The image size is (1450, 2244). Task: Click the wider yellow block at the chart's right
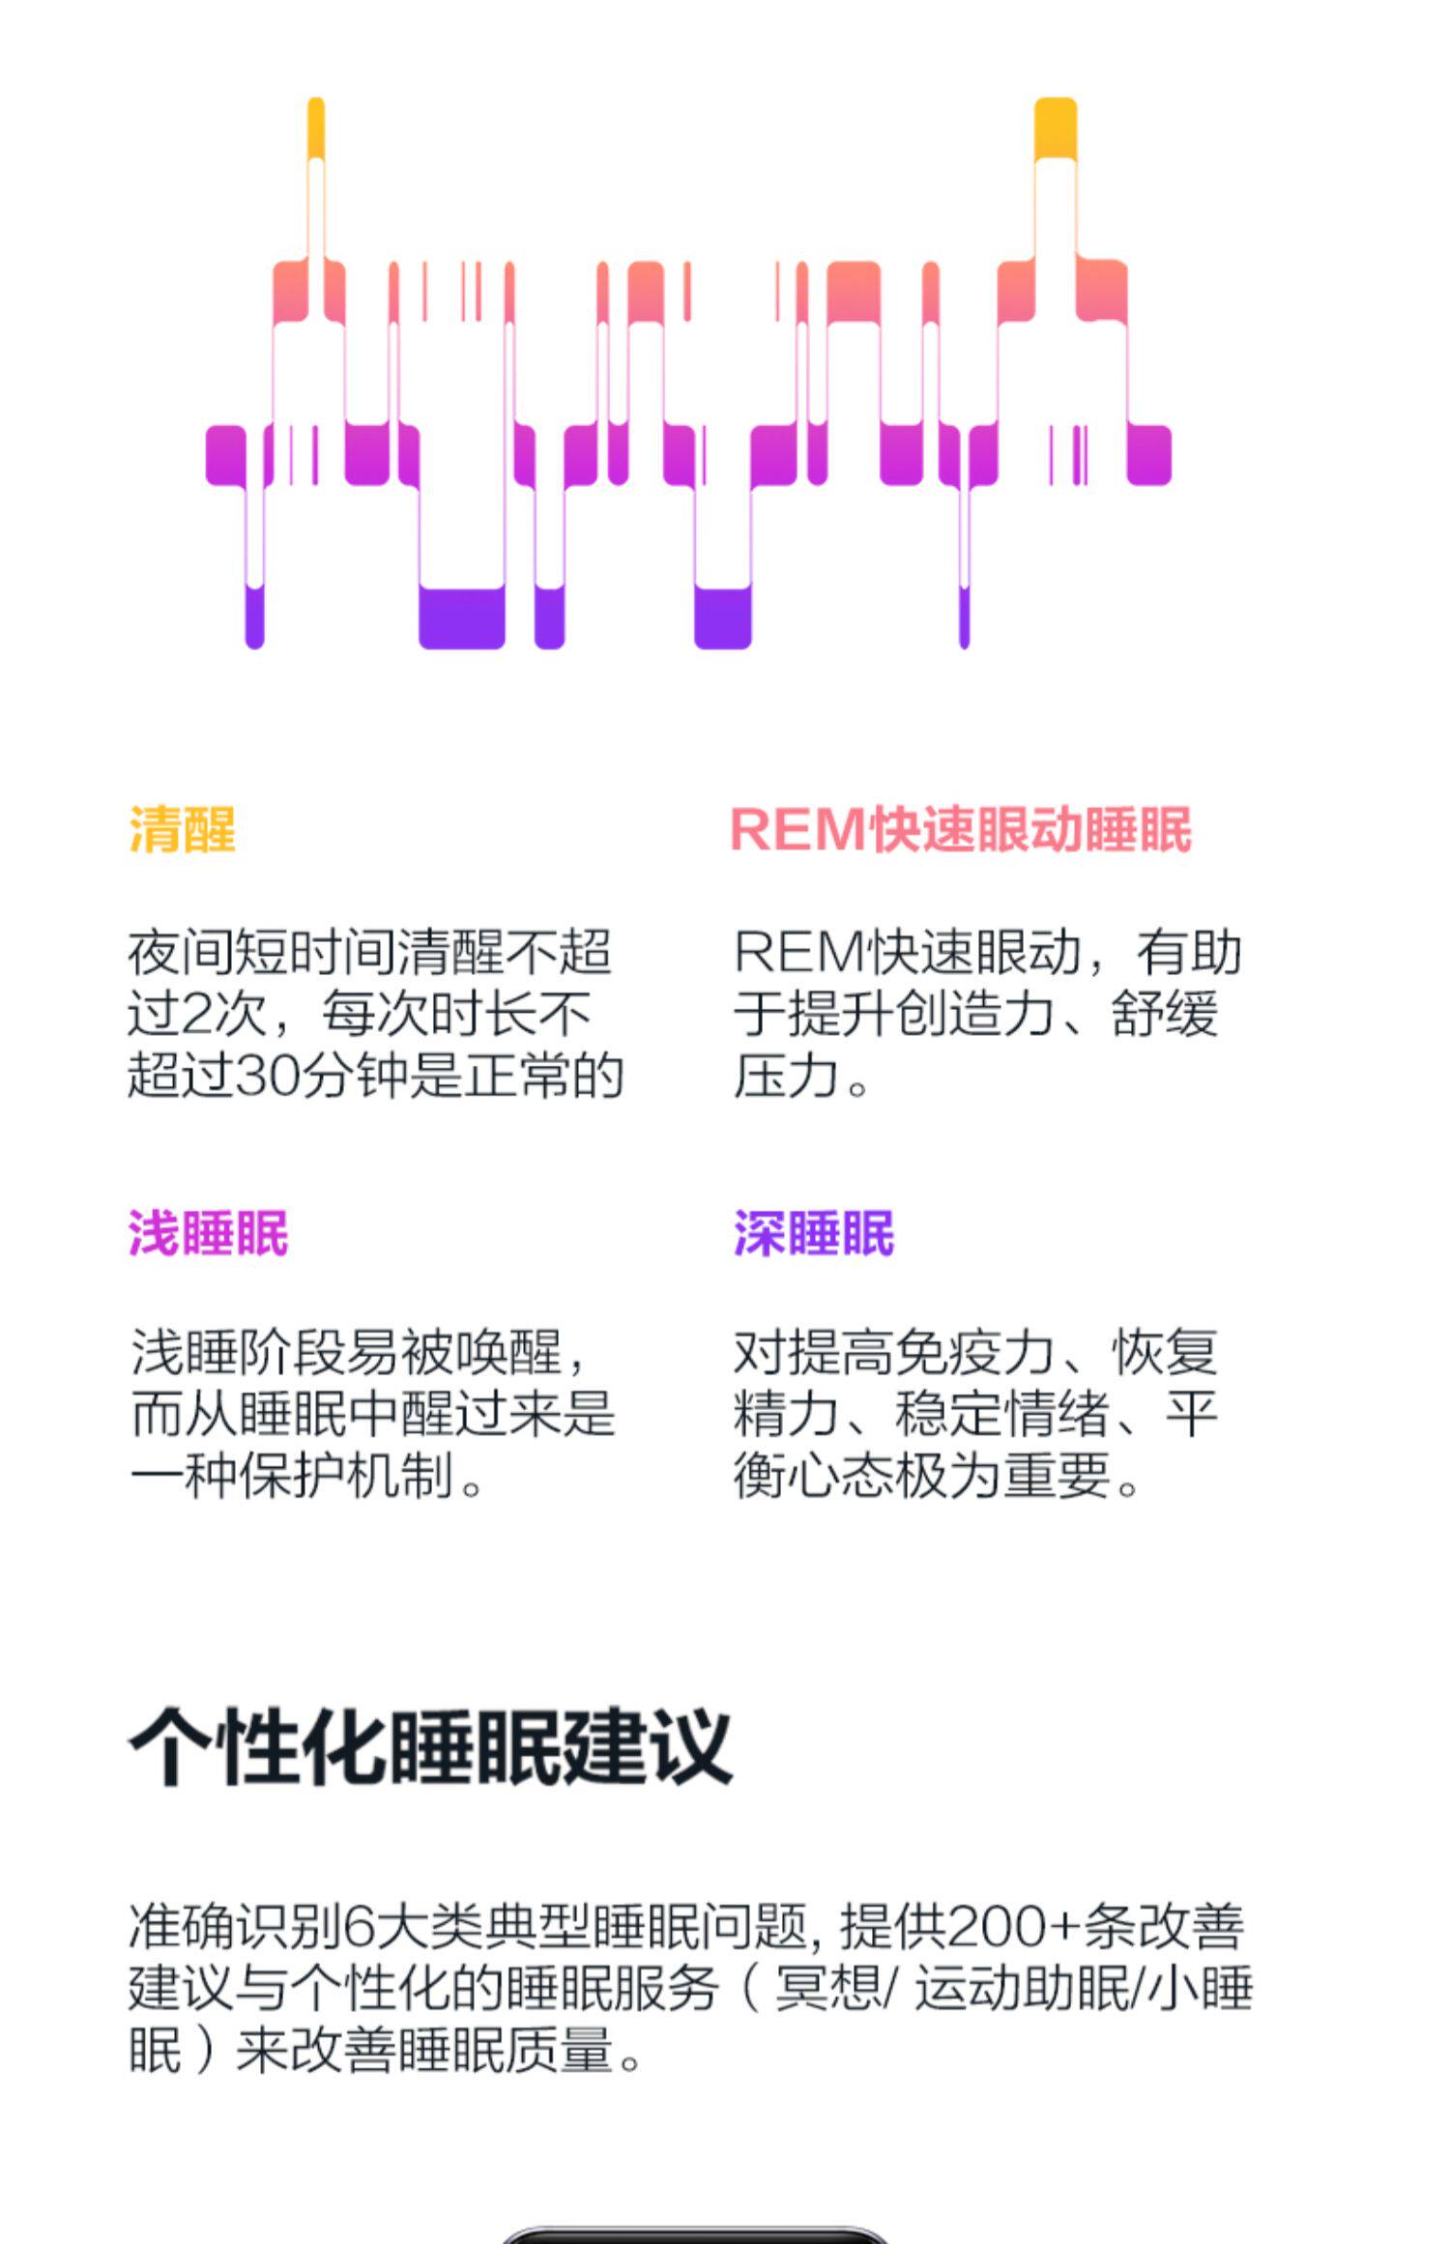(x=1055, y=129)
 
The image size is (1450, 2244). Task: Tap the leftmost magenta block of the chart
(x=225, y=454)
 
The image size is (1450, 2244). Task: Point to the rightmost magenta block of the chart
(x=1148, y=454)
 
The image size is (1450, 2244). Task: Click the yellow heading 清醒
(x=183, y=830)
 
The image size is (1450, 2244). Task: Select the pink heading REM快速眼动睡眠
(x=961, y=830)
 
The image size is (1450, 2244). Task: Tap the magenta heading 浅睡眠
(x=209, y=1234)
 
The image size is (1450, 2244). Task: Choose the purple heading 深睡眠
(x=814, y=1234)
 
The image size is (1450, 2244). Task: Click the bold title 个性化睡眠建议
(x=430, y=1746)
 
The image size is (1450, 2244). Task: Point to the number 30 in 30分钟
(x=265, y=1076)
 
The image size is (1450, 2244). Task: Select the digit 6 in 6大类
(x=359, y=1927)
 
